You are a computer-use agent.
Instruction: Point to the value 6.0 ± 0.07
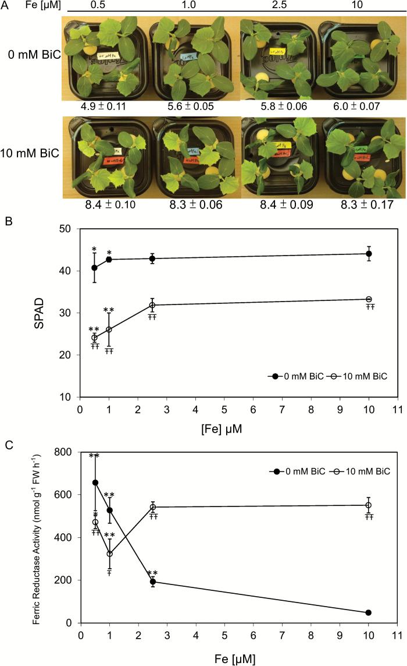coord(363,107)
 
